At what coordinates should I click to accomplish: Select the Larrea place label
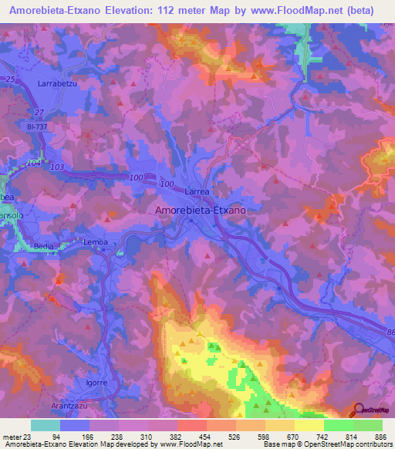point(197,191)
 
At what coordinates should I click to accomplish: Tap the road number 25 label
point(12,79)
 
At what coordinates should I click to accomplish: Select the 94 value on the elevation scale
point(76,436)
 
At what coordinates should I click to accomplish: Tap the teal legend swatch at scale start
point(46,425)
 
